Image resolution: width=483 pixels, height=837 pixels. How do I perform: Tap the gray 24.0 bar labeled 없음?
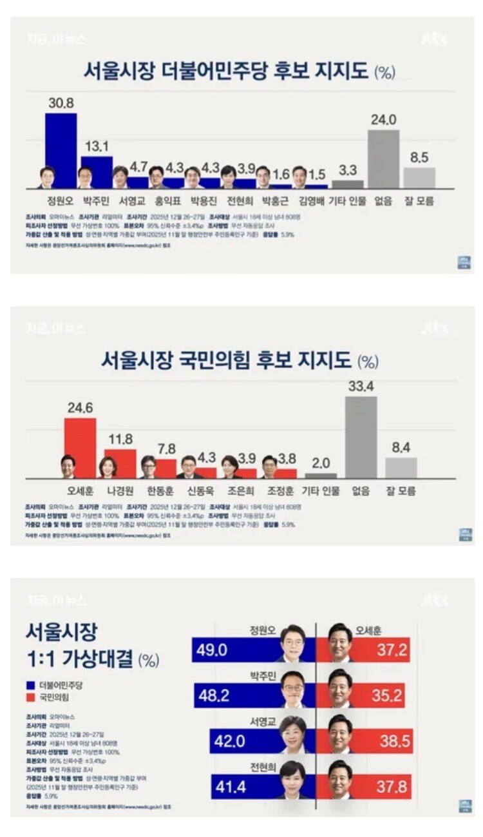pyautogui.click(x=383, y=159)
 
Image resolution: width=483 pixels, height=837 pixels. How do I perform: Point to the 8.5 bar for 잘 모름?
pyautogui.click(x=419, y=177)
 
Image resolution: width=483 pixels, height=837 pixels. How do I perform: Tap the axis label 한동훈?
pyautogui.click(x=160, y=491)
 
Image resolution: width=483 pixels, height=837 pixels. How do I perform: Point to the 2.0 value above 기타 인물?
pyautogui.click(x=321, y=463)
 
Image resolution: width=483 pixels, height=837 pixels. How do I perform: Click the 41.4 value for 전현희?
pyautogui.click(x=231, y=787)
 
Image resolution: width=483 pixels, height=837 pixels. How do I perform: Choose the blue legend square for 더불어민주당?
pyautogui.click(x=30, y=685)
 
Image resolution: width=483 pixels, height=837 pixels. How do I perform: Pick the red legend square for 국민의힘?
pyautogui.click(x=30, y=697)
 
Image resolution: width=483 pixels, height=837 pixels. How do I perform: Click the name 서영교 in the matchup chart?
pyautogui.click(x=262, y=722)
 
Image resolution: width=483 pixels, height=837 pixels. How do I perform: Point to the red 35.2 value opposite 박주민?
pyautogui.click(x=384, y=695)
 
